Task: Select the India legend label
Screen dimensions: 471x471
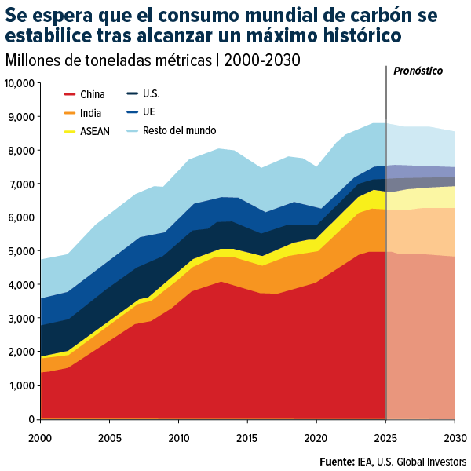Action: pyautogui.click(x=90, y=113)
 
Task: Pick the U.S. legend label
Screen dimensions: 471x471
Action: pyautogui.click(x=152, y=94)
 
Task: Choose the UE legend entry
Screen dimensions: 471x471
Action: pyautogui.click(x=148, y=113)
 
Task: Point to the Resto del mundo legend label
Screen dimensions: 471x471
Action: pyautogui.click(x=180, y=131)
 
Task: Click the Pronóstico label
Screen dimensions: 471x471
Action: pyautogui.click(x=418, y=71)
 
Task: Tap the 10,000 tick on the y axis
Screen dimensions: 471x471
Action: pyautogui.click(x=20, y=83)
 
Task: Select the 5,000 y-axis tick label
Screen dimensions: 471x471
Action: pyautogui.click(x=22, y=251)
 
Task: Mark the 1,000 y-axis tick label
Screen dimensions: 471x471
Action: pyautogui.click(x=22, y=385)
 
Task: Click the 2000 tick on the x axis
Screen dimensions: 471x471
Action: pyautogui.click(x=40, y=436)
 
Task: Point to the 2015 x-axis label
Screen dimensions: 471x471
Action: pyautogui.click(x=248, y=436)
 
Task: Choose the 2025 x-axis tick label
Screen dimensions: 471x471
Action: pyautogui.click(x=386, y=436)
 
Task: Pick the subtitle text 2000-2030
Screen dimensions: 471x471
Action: pyautogui.click(x=262, y=60)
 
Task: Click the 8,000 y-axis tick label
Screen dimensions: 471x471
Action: pyautogui.click(x=22, y=151)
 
